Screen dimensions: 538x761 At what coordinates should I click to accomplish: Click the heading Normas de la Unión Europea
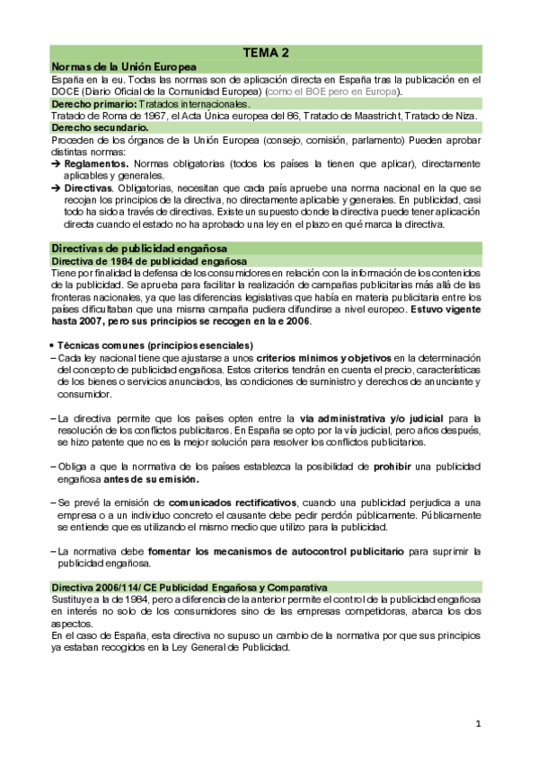[x=125, y=66]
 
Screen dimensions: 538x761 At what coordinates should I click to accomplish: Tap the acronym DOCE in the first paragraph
[x=67, y=92]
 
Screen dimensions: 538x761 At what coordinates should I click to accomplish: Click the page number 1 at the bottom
[x=479, y=723]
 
